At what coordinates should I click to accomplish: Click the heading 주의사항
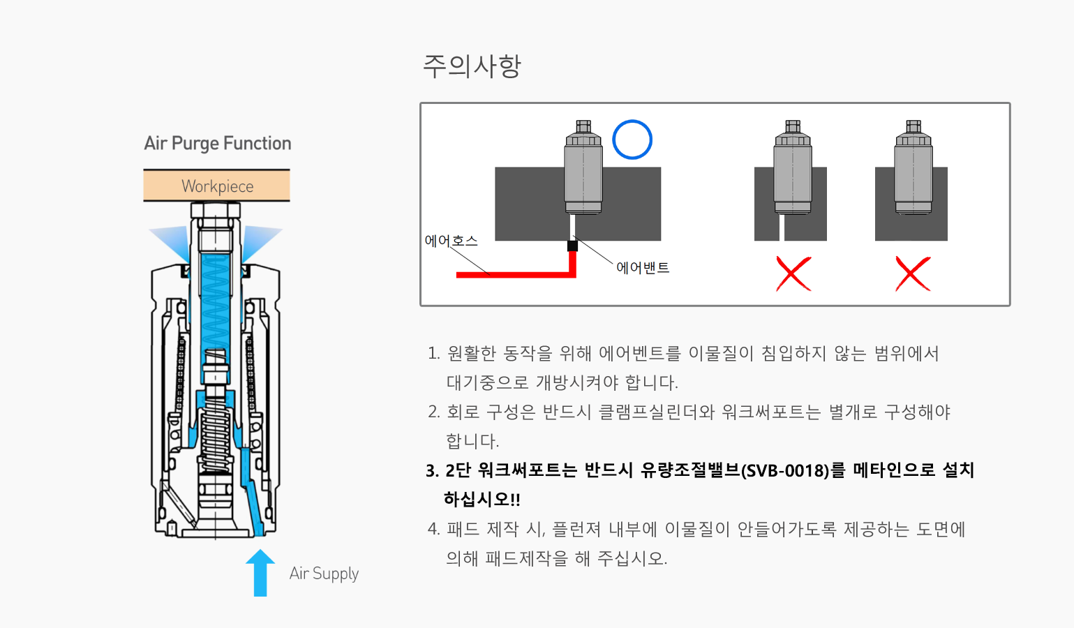coord(472,66)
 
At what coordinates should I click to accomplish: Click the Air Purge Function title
coord(217,144)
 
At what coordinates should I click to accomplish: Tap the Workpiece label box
coord(217,186)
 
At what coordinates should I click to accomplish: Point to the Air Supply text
coord(324,574)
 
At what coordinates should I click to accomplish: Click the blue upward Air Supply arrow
coord(260,572)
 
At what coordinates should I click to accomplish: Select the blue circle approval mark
coord(632,140)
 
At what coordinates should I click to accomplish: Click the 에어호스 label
coord(451,241)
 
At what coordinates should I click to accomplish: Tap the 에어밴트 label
coord(642,268)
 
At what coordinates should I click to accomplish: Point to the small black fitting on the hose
coord(572,246)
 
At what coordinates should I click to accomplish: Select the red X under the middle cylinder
coord(793,274)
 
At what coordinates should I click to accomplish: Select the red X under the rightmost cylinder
coord(913,274)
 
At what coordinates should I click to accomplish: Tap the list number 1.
coord(433,354)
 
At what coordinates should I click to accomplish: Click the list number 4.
coord(433,530)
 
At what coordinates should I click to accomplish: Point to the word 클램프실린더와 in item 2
coord(657,412)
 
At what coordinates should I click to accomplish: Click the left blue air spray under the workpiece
coord(170,241)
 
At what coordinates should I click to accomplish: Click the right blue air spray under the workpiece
coord(261,240)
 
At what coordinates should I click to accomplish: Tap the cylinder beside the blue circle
coord(583,168)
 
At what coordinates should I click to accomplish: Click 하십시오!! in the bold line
coord(482,500)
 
